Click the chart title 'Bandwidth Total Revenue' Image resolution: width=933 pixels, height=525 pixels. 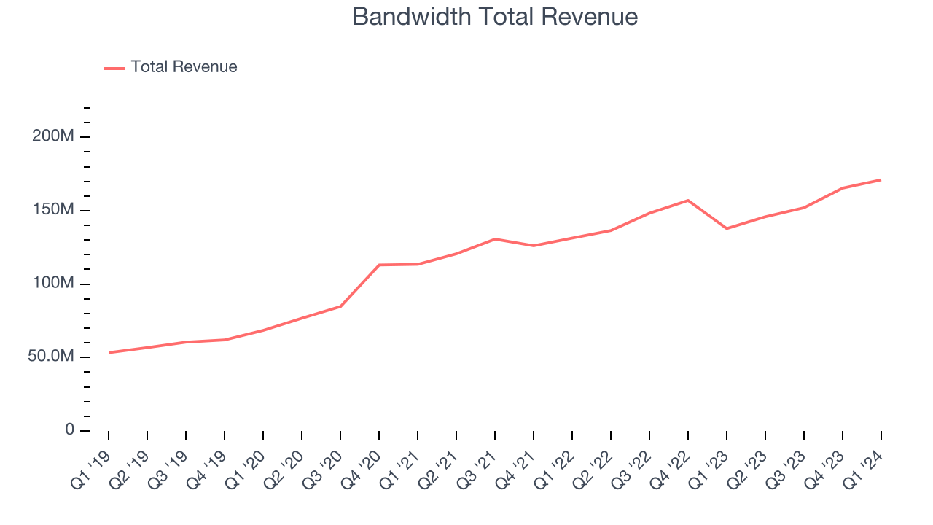pos(495,17)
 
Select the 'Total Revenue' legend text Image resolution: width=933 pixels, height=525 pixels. pos(184,67)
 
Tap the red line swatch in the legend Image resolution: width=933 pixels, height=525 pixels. pos(114,68)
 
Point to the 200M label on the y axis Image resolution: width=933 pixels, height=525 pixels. pos(53,137)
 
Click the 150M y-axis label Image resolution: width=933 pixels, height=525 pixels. pos(53,210)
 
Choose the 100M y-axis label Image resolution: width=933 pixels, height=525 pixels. pos(53,284)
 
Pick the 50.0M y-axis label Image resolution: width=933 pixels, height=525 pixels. pos(51,357)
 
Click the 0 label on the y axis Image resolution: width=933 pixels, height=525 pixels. pos(70,429)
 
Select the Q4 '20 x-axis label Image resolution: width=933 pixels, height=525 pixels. pos(362,467)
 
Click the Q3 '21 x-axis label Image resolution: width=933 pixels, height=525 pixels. pos(478,467)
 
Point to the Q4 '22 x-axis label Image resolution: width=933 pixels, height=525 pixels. pos(671,467)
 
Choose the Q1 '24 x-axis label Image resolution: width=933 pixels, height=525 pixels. pos(864,467)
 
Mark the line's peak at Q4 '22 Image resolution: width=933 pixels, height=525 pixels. pos(688,201)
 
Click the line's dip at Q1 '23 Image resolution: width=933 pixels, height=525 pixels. pos(727,228)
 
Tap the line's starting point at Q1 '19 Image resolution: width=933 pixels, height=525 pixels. pos(109,352)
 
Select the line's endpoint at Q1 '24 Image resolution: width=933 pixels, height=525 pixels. pos(881,179)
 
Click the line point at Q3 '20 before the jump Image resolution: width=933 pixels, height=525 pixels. pos(340,306)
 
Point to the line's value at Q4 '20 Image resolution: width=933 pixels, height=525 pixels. pos(379,265)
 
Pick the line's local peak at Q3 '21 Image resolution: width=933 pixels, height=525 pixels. pos(495,239)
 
